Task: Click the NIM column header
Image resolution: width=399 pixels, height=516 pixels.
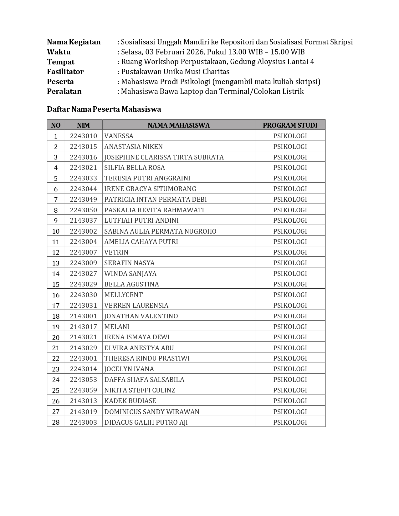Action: pyautogui.click(x=83, y=125)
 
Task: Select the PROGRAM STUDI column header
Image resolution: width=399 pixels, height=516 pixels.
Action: pyautogui.click(x=290, y=125)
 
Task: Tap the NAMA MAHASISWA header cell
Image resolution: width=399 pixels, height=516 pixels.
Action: pyautogui.click(x=178, y=125)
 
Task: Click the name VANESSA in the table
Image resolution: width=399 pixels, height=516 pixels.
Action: pyautogui.click(x=119, y=136)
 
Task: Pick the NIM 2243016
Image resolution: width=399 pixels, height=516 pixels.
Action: pyautogui.click(x=83, y=157)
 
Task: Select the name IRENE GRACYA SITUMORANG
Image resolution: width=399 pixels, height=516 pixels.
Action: pyautogui.click(x=150, y=189)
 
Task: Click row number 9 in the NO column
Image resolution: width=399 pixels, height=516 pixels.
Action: pyautogui.click(x=56, y=220)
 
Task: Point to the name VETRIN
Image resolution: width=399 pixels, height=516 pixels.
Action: pyautogui.click(x=116, y=252)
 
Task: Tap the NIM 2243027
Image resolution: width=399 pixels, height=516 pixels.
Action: pyautogui.click(x=83, y=273)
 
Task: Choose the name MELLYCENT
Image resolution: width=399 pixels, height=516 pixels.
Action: pyautogui.click(x=123, y=295)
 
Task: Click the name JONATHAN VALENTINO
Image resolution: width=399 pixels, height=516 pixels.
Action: pyautogui.click(x=141, y=316)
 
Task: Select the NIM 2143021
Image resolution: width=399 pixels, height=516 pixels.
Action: pyautogui.click(x=83, y=337)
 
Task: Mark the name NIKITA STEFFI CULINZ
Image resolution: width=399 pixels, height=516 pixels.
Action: pyautogui.click(x=140, y=390)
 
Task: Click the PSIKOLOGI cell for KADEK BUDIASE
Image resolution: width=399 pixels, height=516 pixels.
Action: pyautogui.click(x=290, y=401)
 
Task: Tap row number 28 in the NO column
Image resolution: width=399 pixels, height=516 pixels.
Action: pyautogui.click(x=56, y=422)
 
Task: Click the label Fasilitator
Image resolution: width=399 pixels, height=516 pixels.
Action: pyautogui.click(x=65, y=72)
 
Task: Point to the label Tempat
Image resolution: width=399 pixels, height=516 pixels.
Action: pyautogui.click(x=61, y=62)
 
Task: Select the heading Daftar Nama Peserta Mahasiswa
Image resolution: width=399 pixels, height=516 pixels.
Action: pyautogui.click(x=104, y=109)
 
